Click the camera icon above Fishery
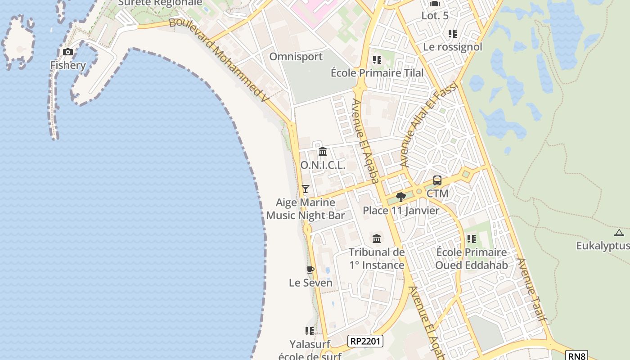pyautogui.click(x=68, y=52)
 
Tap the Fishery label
pyautogui.click(x=68, y=65)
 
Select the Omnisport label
pyautogui.click(x=296, y=57)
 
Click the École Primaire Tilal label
pyautogui.click(x=377, y=73)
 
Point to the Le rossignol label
pyautogui.click(x=452, y=47)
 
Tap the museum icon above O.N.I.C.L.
pyautogui.click(x=323, y=152)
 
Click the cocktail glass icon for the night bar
pyautogui.click(x=306, y=189)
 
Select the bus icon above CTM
pyautogui.click(x=437, y=181)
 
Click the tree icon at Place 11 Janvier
pyautogui.click(x=400, y=197)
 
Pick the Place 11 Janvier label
pyautogui.click(x=401, y=211)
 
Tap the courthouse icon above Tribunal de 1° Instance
pyautogui.click(x=377, y=238)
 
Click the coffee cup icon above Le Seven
pyautogui.click(x=310, y=270)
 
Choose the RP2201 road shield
pyautogui.click(x=365, y=342)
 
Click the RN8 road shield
pyautogui.click(x=577, y=356)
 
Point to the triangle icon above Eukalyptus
pyautogui.click(x=619, y=233)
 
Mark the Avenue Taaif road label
pyautogui.click(x=531, y=289)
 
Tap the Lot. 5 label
pyautogui.click(x=435, y=16)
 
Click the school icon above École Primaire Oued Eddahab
pyautogui.click(x=471, y=239)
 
